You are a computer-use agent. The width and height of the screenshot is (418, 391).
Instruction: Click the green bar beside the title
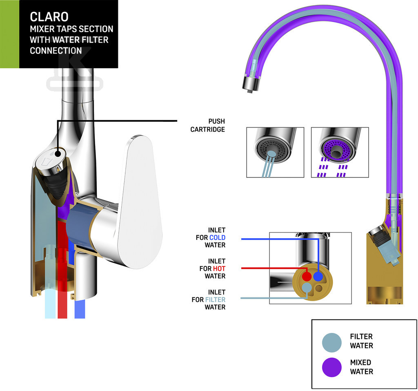point(9,34)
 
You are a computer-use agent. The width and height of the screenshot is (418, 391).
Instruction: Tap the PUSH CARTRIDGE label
point(208,125)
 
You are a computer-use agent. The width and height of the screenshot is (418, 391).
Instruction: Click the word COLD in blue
point(217,238)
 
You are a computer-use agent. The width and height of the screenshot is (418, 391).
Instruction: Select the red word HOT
point(219,268)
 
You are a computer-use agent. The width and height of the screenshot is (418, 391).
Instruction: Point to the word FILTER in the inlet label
point(215,299)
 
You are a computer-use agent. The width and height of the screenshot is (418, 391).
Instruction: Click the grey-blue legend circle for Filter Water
point(331,341)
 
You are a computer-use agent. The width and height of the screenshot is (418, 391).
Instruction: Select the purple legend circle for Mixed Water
point(331,367)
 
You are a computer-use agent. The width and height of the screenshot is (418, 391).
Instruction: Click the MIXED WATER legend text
point(361,367)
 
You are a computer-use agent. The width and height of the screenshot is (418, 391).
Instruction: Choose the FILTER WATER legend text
point(361,341)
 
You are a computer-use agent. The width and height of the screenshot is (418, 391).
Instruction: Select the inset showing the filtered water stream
point(275,152)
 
